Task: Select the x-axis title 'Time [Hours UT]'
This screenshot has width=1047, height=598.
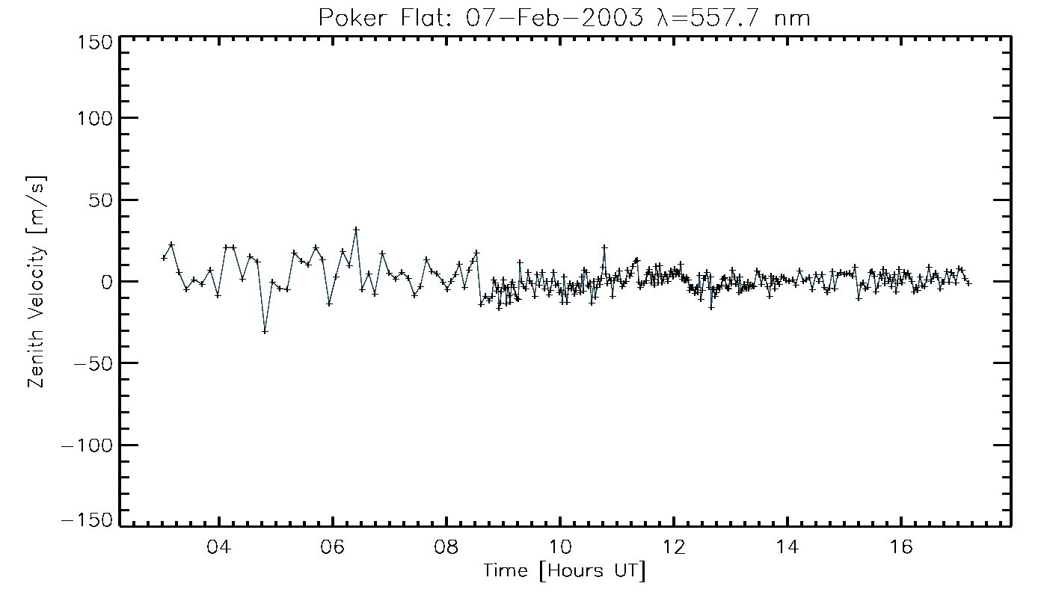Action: point(565,572)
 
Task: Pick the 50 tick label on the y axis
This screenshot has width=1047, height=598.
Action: point(100,200)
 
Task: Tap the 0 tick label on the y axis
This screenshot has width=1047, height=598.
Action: point(106,282)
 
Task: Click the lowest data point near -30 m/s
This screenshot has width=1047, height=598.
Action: point(265,331)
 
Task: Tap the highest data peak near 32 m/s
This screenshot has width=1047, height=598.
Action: point(356,229)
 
